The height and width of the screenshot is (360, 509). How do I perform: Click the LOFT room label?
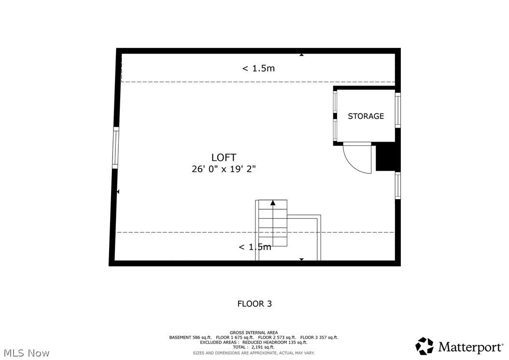coord(224,158)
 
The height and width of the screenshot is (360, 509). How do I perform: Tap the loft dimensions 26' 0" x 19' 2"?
coord(224,169)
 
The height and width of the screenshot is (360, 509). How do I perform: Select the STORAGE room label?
coord(366,116)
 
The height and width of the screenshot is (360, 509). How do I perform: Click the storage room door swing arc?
coord(357,160)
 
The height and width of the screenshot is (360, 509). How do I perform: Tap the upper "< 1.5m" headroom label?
coord(258,68)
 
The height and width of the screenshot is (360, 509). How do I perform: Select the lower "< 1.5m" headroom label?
coord(255,247)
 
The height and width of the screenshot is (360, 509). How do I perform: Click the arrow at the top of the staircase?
coord(273,203)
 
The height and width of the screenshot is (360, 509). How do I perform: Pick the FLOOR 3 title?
coord(254,304)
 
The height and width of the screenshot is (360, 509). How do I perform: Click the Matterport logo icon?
coord(424,346)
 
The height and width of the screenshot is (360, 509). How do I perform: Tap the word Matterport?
coord(470,347)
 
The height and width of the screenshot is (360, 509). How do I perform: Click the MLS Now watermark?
coord(25,353)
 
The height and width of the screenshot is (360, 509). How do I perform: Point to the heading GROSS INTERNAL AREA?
coord(254,332)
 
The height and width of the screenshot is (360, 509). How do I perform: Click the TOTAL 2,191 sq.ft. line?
coord(254,347)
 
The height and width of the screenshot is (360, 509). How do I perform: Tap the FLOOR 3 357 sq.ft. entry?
coord(319,337)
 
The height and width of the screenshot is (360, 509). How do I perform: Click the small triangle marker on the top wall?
coord(301,55)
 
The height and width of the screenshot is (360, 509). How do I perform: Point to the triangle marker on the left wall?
coord(117,192)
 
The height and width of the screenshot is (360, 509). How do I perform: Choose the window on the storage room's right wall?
coord(398,110)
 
